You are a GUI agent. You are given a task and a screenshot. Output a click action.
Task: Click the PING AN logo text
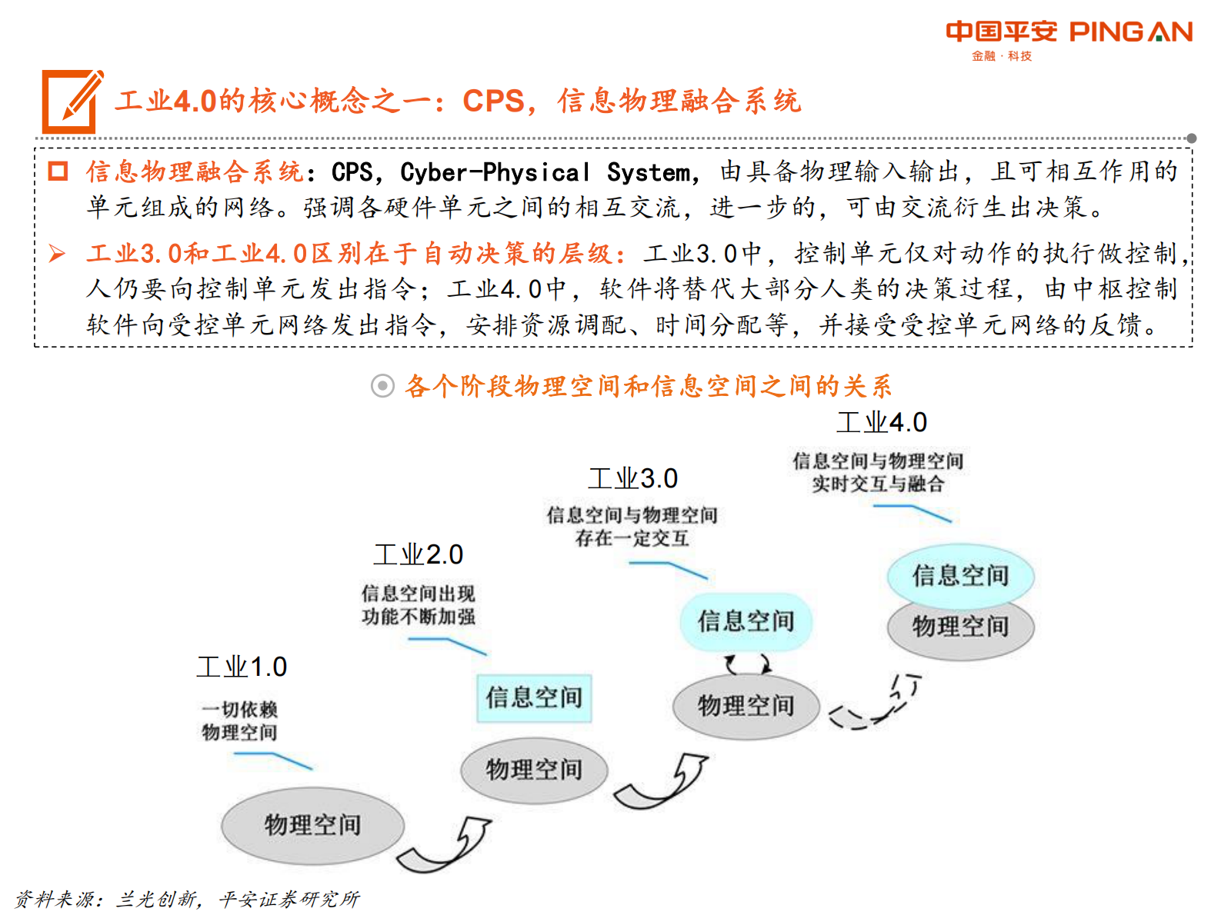(x=1130, y=32)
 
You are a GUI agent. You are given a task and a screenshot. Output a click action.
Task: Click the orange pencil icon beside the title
(x=72, y=101)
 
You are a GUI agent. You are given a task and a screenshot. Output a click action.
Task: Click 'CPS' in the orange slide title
(x=492, y=101)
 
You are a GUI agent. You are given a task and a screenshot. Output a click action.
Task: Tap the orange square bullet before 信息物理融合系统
(x=58, y=171)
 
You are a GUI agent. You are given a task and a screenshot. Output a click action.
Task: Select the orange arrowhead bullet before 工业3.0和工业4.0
(x=57, y=253)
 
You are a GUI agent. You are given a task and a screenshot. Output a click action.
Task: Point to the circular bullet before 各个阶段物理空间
(x=382, y=385)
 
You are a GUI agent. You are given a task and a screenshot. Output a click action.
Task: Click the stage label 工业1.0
(x=242, y=667)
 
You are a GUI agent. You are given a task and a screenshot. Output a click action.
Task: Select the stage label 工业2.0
(x=418, y=554)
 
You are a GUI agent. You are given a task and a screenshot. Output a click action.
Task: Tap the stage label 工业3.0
(x=632, y=478)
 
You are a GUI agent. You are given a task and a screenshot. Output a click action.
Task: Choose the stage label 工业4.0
(x=882, y=422)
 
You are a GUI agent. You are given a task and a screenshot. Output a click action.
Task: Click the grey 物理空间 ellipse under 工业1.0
(x=312, y=825)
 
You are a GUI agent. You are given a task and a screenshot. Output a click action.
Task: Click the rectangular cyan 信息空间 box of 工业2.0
(x=534, y=697)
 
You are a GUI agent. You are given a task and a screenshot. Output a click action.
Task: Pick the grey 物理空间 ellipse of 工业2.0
(x=534, y=769)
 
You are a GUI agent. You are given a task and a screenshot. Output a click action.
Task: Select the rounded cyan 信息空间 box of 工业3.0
(x=746, y=621)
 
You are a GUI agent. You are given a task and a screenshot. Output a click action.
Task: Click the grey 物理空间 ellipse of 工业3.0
(x=746, y=705)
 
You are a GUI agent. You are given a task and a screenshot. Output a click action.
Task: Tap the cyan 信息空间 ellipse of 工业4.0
(x=960, y=574)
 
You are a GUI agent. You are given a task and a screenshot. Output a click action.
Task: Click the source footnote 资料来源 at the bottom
(x=187, y=898)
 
